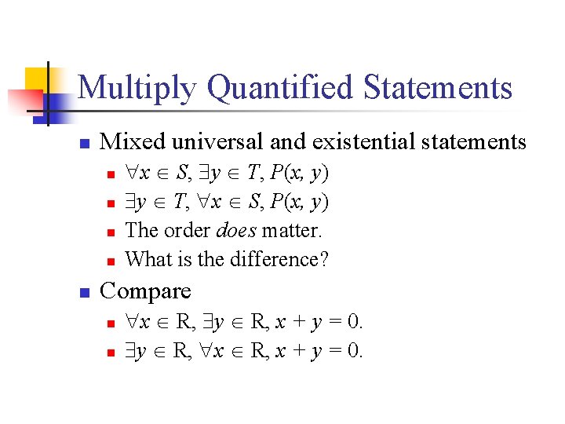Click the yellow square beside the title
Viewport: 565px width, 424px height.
pyautogui.click(x=39, y=79)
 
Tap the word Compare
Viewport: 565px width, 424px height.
pyautogui.click(x=146, y=291)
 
